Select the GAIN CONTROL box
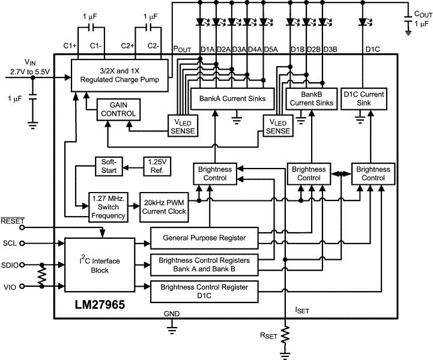(123, 109)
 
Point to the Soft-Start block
(109, 167)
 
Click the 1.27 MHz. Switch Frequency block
(108, 206)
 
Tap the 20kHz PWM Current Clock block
(163, 206)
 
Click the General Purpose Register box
(204, 238)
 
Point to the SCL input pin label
(9, 243)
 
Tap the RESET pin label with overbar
(12, 221)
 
